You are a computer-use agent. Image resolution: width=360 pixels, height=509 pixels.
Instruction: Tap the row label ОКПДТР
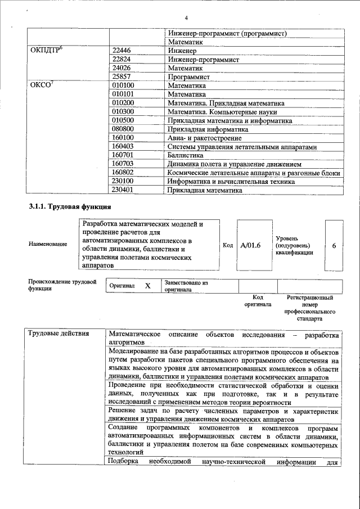pyautogui.click(x=46, y=50)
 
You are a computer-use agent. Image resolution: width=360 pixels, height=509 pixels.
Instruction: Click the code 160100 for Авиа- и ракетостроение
pyautogui.click(x=123, y=137)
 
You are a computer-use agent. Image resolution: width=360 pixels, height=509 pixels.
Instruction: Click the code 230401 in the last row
pyautogui.click(x=123, y=190)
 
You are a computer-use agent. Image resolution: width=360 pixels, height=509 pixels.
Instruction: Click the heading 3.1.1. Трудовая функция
pyautogui.click(x=61, y=207)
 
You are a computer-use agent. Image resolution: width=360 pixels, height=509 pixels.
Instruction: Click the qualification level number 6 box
pyautogui.click(x=334, y=246)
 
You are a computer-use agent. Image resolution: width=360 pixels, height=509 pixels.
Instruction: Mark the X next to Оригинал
pyautogui.click(x=148, y=286)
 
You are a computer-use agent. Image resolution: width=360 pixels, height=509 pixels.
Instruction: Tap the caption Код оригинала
pyautogui.click(x=258, y=300)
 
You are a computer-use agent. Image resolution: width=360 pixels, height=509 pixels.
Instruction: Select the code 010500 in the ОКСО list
pyautogui.click(x=123, y=120)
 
